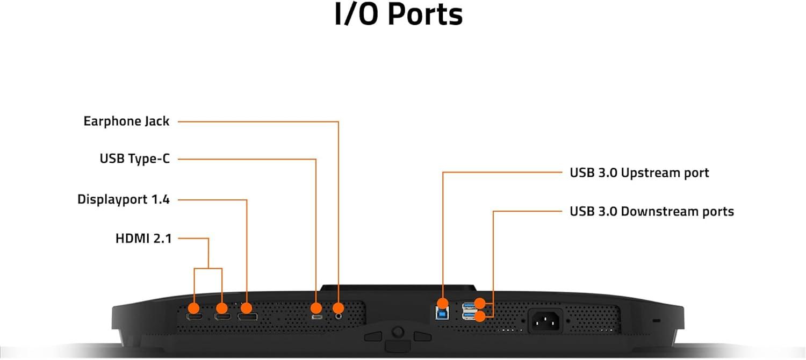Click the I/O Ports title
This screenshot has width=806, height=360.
click(398, 16)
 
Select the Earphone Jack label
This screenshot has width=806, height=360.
click(126, 121)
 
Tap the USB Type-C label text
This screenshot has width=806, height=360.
click(134, 159)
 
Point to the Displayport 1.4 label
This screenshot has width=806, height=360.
click(124, 200)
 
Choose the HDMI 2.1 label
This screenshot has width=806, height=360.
click(143, 239)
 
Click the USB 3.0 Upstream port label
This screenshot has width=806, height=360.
click(639, 172)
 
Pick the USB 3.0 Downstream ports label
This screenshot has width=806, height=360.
click(651, 211)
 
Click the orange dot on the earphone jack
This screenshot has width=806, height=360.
click(339, 308)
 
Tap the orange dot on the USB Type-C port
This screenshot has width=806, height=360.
click(316, 308)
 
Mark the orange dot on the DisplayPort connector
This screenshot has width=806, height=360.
click(247, 308)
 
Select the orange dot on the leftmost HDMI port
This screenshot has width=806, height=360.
click(193, 308)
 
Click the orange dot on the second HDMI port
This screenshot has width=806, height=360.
click(221, 308)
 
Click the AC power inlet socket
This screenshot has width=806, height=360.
click(546, 321)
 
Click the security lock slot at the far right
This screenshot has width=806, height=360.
click(656, 321)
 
